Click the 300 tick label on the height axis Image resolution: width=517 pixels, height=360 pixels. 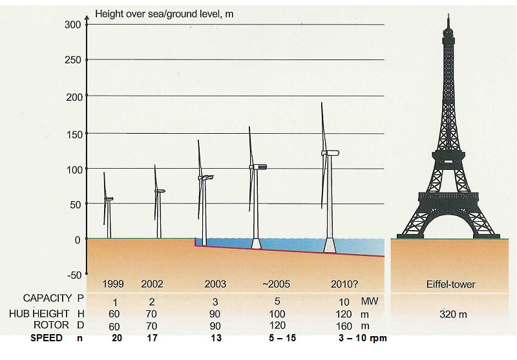point(72,25)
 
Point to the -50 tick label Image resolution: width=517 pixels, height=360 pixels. point(74,275)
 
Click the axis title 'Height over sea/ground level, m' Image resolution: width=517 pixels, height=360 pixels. point(164,14)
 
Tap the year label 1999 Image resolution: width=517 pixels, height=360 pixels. point(114,284)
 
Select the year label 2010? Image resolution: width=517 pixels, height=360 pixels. point(344,284)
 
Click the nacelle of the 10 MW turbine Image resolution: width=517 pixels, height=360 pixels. point(331,153)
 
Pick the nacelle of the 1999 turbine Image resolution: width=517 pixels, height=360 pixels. point(109,199)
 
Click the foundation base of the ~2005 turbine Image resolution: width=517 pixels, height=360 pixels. point(256,244)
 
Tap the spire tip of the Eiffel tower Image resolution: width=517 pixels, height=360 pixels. point(448,14)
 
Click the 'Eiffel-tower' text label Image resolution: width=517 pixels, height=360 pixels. point(450,284)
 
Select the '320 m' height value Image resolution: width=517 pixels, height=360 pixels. point(453,314)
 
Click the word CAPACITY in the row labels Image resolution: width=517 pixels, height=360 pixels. point(47,298)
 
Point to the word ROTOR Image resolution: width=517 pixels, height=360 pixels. point(51,325)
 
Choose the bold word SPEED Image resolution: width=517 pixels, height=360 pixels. point(47,338)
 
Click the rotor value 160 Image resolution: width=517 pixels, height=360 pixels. point(344,326)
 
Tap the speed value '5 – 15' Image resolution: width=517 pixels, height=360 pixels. point(282,338)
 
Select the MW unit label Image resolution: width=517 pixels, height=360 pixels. point(370,301)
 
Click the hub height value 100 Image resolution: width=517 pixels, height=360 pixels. point(277,314)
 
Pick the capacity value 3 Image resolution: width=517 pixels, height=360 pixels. point(215,302)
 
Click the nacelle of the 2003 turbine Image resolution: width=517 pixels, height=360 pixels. point(206,177)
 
